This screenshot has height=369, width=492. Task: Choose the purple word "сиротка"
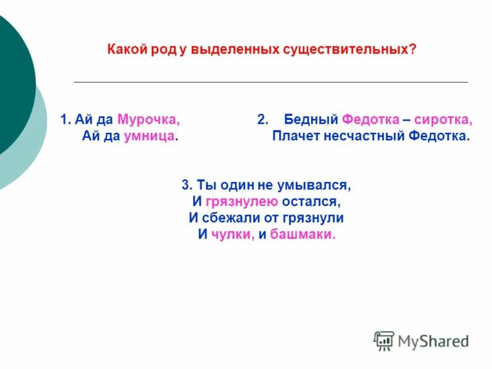tap(443, 119)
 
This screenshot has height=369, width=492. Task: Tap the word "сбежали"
tap(229, 218)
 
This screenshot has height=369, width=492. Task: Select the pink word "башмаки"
tap(303, 234)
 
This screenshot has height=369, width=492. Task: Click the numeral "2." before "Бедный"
tap(263, 119)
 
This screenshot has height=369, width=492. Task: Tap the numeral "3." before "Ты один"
tap(187, 184)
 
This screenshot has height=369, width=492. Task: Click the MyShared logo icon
tap(384, 340)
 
